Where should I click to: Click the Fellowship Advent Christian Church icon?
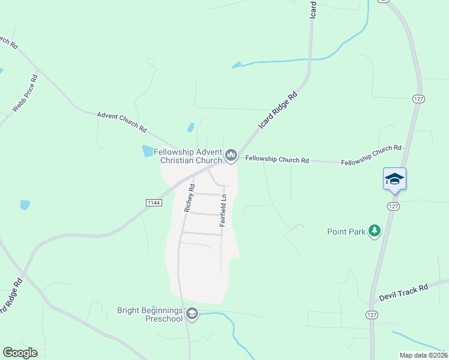[x=231, y=157]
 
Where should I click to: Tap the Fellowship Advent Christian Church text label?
[x=187, y=156]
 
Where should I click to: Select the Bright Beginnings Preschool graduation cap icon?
[x=192, y=314]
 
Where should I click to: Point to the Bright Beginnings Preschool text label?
[x=149, y=314]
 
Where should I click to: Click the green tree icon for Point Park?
[x=375, y=231]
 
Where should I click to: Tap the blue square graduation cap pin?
[x=394, y=179]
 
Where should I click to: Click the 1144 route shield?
[x=154, y=203]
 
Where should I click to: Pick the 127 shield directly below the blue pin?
[x=393, y=206]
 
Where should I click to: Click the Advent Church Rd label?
[x=122, y=121]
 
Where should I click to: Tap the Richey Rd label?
[x=189, y=198]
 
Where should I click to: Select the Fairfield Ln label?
[x=223, y=209]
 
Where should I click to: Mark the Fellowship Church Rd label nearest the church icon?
[x=277, y=160]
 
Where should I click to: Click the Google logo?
[x=20, y=353]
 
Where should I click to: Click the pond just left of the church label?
[x=148, y=151]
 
